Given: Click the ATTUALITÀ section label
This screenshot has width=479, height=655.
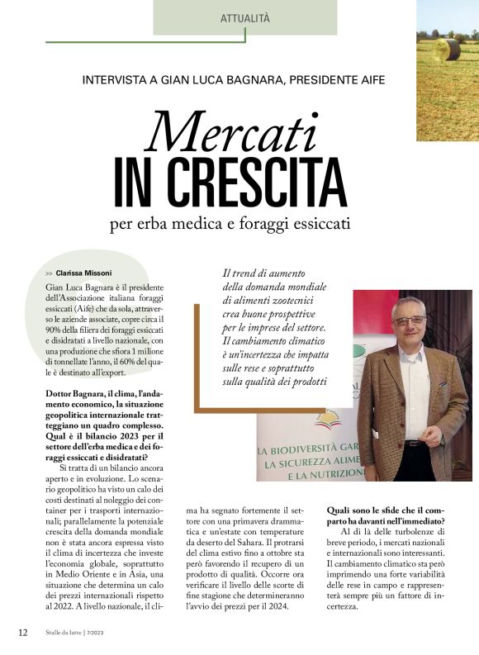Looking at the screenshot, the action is (245, 17).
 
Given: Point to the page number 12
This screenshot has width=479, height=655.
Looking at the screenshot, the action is (23, 633).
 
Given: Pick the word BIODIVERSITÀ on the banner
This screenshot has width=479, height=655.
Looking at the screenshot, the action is (306, 451).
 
